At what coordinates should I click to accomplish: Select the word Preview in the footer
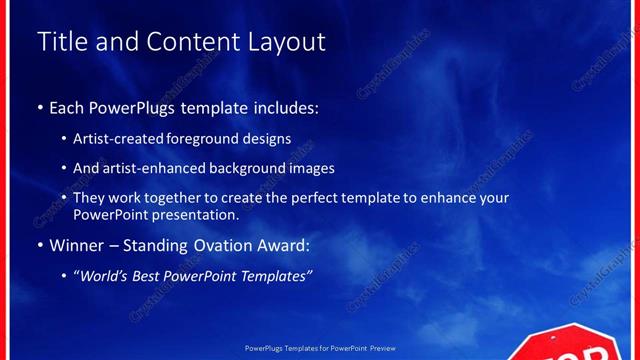click(x=383, y=349)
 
